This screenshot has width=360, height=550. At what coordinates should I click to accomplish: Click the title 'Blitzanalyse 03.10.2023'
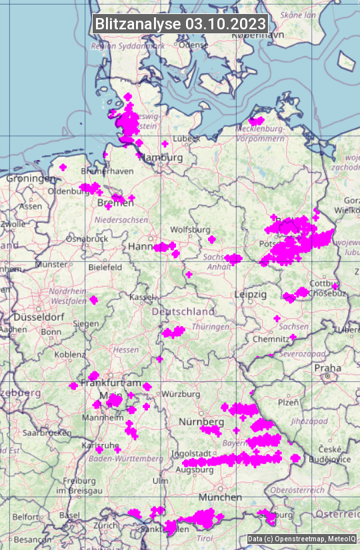click(x=180, y=23)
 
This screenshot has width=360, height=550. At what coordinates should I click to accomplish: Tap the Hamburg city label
click(x=163, y=157)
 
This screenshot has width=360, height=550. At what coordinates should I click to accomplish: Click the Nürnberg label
click(x=201, y=422)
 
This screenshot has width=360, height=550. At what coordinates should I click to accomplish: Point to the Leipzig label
click(x=250, y=294)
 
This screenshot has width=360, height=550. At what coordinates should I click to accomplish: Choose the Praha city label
click(x=327, y=368)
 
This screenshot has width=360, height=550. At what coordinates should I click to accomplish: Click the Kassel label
click(x=141, y=297)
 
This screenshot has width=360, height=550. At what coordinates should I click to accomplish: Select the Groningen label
click(x=31, y=179)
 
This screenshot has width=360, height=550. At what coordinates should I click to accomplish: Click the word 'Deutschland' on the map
click(x=183, y=311)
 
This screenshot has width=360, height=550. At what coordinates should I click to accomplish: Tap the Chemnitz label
click(x=271, y=339)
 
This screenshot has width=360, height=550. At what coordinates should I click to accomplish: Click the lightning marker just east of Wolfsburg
click(x=212, y=239)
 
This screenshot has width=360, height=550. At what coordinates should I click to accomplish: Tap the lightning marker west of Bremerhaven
click(x=63, y=167)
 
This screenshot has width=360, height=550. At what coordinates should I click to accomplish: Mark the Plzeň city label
click(x=287, y=402)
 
